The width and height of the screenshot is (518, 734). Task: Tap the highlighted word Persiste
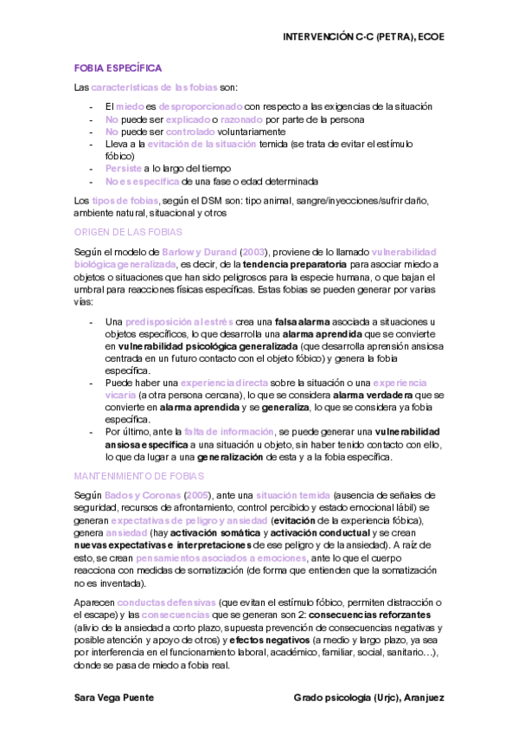click(x=124, y=169)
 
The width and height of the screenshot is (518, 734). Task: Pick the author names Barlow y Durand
click(x=206, y=251)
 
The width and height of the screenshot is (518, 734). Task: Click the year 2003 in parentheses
click(x=254, y=251)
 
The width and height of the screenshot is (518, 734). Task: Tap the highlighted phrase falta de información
click(x=229, y=430)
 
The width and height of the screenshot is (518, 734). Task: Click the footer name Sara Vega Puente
click(x=117, y=697)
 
